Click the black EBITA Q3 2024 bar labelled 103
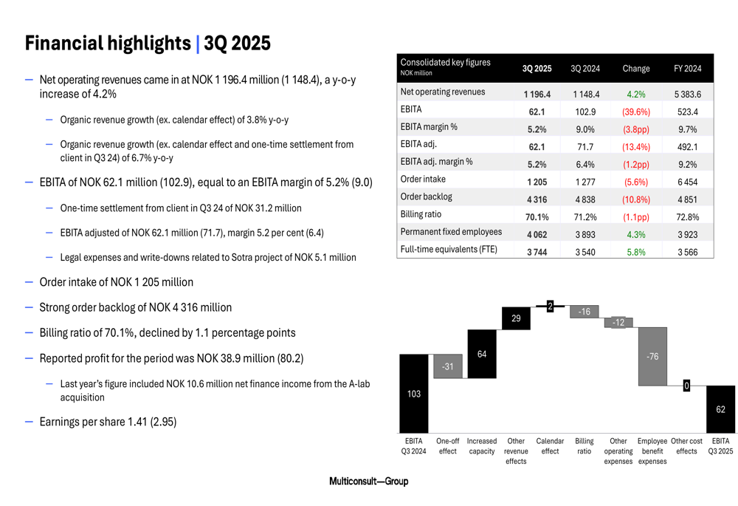(414, 394)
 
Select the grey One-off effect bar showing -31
(448, 366)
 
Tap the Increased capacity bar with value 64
(482, 354)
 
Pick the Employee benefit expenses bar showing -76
(652, 356)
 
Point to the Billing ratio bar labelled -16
(584, 312)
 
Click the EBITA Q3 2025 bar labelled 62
(720, 408)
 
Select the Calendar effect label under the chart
(550, 445)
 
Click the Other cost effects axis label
(686, 445)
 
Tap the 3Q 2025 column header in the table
(537, 69)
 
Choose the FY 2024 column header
(687, 69)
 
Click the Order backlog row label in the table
(426, 196)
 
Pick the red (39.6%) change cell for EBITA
(635, 112)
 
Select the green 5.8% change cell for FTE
(635, 252)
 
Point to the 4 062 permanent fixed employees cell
(537, 234)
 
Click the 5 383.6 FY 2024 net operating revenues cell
(687, 95)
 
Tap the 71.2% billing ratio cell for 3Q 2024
(585, 217)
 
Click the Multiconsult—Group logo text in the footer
(368, 482)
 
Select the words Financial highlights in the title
(108, 44)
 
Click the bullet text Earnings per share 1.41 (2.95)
(108, 423)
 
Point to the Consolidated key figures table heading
(445, 63)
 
